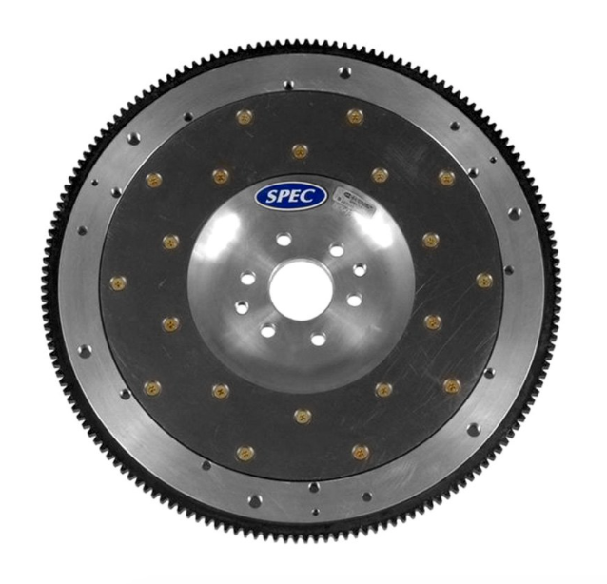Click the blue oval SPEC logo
tap(291, 196)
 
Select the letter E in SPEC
tap(297, 197)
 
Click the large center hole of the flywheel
tap(299, 289)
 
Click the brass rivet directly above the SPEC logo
tap(300, 150)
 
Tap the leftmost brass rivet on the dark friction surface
tap(118, 282)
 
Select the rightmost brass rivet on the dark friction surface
tap(483, 280)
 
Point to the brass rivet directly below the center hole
tap(303, 415)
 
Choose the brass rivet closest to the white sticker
tap(380, 175)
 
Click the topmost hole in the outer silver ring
tap(344, 72)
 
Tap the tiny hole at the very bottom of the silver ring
tap(316, 512)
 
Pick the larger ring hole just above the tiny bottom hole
tap(314, 487)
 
